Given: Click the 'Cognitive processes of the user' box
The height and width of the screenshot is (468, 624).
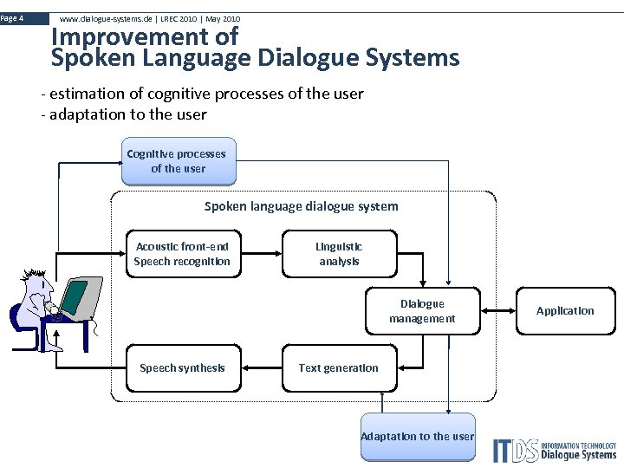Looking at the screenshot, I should click(x=177, y=161).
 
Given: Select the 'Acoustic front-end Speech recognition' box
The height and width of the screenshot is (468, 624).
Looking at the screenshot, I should click(x=182, y=254).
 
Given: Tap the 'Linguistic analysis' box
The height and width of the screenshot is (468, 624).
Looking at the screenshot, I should click(x=339, y=254).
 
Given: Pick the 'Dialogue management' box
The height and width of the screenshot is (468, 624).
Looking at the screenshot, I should click(x=422, y=311).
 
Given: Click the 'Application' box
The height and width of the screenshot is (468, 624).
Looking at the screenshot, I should click(x=565, y=311).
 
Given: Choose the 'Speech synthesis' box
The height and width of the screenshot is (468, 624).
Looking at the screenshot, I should click(x=182, y=368).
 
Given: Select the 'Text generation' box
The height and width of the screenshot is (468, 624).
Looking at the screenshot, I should click(x=339, y=368).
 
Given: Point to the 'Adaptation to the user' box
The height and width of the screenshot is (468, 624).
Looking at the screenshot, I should click(x=418, y=436).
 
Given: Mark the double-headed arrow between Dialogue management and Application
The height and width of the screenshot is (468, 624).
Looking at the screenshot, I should click(x=497, y=311).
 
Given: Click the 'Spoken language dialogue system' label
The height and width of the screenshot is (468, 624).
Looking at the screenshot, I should click(x=301, y=206).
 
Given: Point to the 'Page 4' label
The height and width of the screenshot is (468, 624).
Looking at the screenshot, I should click(x=13, y=18).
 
